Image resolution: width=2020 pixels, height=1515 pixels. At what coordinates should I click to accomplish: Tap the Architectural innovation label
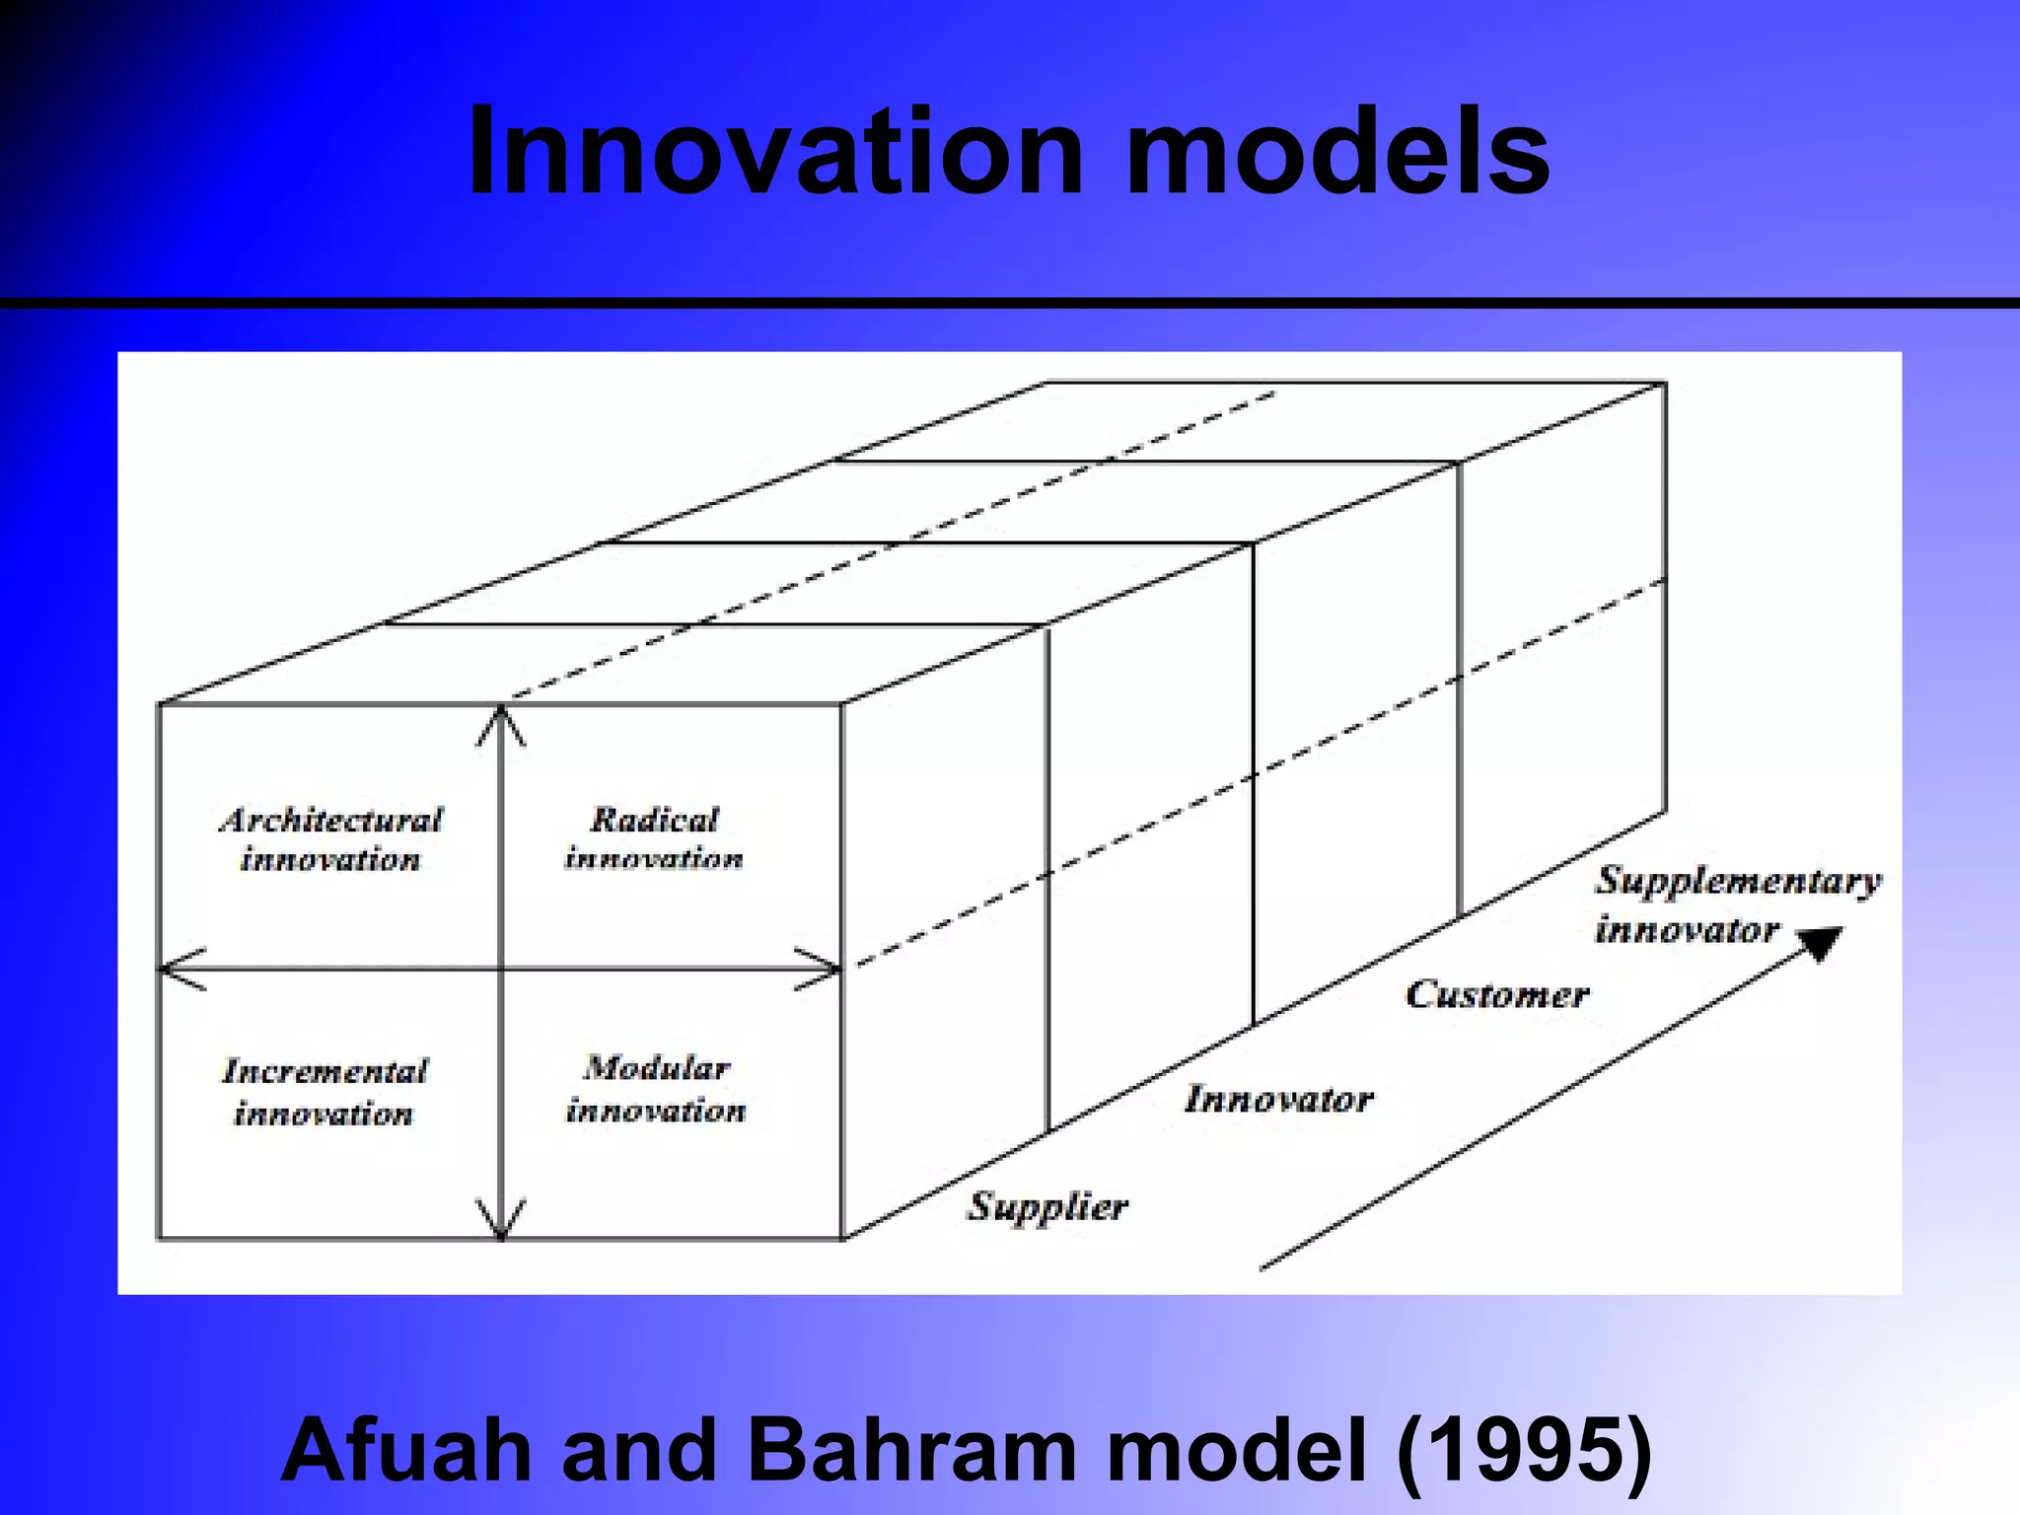[330, 839]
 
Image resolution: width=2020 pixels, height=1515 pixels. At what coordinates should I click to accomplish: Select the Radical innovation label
[654, 838]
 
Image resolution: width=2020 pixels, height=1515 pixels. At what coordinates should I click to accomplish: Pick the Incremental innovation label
[325, 1092]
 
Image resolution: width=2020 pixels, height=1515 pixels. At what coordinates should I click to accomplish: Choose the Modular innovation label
[656, 1089]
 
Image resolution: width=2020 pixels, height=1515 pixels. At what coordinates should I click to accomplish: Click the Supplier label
[1047, 1206]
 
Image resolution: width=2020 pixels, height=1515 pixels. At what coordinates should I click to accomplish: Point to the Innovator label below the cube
[1278, 1099]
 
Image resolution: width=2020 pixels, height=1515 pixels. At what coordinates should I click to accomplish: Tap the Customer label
[1497, 994]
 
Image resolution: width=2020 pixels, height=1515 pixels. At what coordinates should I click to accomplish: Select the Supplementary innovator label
[1736, 903]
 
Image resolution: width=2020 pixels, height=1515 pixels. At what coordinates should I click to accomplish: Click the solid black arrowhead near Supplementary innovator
[1820, 942]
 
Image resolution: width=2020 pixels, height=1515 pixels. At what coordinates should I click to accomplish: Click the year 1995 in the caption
[1524, 1450]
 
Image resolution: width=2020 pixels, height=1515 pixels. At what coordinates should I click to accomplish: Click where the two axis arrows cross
[502, 970]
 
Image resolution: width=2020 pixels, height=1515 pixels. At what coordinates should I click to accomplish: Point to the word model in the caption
[1238, 1450]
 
